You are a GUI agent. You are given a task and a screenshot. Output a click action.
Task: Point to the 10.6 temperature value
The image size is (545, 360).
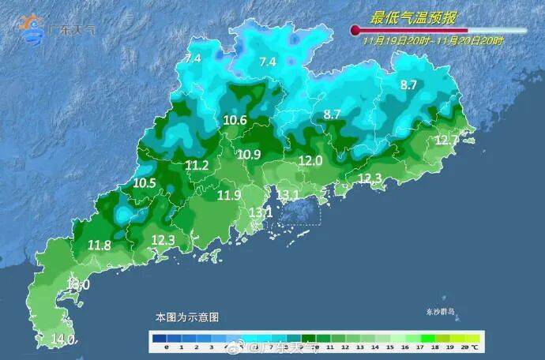point(235,121)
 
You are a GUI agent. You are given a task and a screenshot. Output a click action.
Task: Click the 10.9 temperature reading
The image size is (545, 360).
point(249,155)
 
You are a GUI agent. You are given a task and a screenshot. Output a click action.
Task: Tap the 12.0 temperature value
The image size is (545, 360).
point(310,160)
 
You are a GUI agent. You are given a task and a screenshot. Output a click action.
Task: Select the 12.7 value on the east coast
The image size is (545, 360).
point(447,141)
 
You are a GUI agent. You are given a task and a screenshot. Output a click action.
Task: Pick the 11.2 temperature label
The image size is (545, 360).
point(197,166)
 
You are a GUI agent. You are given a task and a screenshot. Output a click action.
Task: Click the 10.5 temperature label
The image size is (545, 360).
point(145,182)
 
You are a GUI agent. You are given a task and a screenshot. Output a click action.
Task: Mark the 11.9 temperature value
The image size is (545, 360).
point(229,195)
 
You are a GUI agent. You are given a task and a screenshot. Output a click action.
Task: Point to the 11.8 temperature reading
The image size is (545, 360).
point(100,246)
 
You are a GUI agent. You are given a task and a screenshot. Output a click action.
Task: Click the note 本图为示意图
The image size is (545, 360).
point(187,317)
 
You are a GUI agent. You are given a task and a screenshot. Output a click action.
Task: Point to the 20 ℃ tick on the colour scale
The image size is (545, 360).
point(472,347)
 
